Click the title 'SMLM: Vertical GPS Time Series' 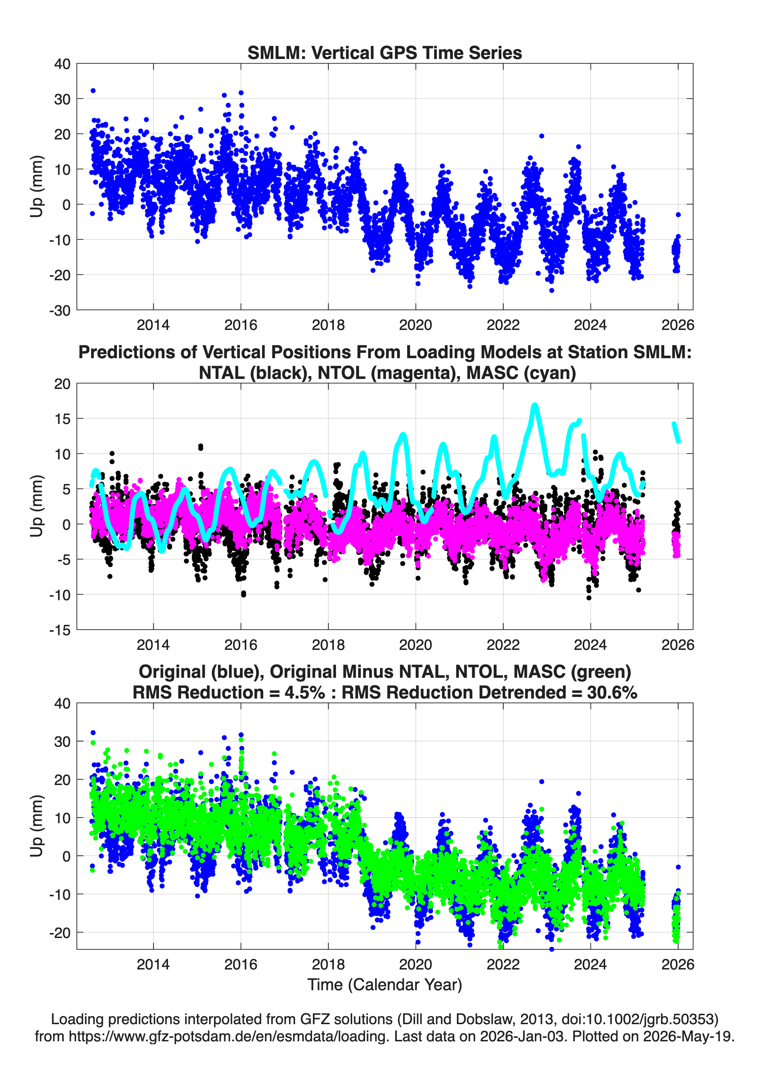coord(385,53)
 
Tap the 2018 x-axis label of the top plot coord(328,325)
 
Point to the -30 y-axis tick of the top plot coord(60,310)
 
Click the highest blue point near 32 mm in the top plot coord(93,91)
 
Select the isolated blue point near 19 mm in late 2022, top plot coord(542,136)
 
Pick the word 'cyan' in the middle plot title coord(552,373)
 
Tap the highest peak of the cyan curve coord(534,405)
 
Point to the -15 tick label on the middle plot coord(60,630)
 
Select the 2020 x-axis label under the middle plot coord(415,645)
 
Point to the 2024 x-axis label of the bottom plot coord(591,964)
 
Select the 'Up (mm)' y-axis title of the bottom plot coord(37,826)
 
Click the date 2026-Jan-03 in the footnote coord(522,1036)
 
